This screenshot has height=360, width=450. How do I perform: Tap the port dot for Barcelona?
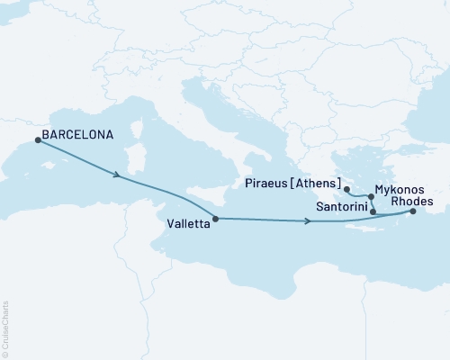point(37,139)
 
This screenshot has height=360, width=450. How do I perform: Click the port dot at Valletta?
point(214,219)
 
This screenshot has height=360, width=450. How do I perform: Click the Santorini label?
point(340,207)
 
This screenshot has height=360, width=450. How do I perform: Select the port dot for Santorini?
point(373,211)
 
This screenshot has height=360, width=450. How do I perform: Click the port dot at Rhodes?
point(413,212)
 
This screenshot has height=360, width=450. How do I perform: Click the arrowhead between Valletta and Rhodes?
point(308,221)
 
